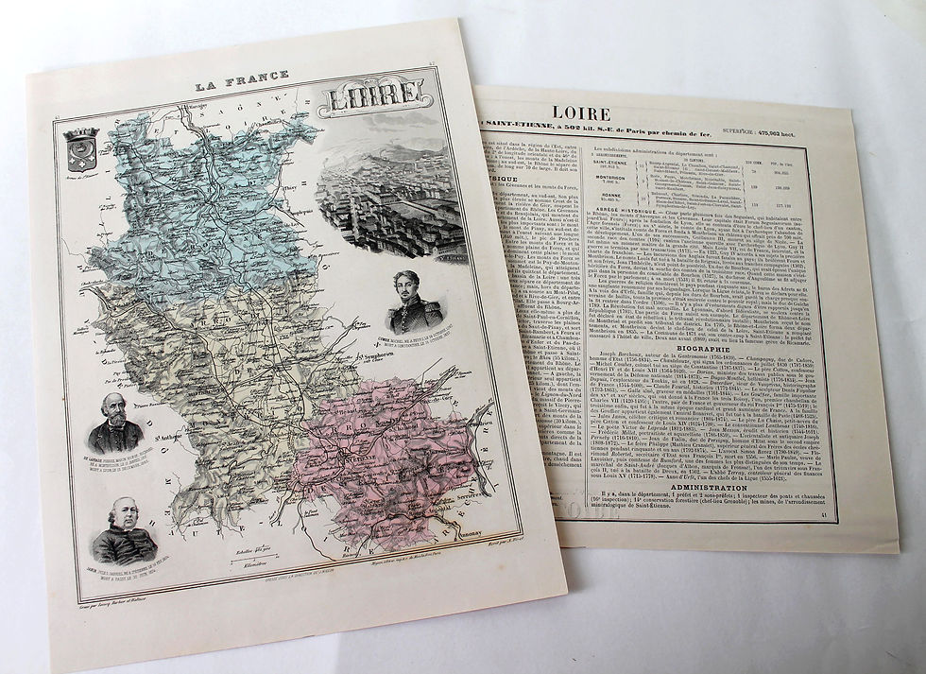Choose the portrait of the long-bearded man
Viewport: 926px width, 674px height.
point(114,426)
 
